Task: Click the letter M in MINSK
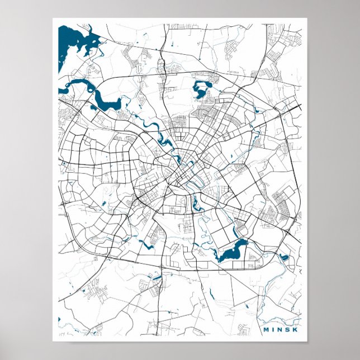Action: (x=266, y=329)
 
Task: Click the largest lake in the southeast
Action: (x=232, y=252)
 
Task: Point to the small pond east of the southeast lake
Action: (x=283, y=257)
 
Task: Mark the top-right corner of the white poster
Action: (x=307, y=18)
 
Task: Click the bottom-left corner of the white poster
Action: (x=53, y=341)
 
